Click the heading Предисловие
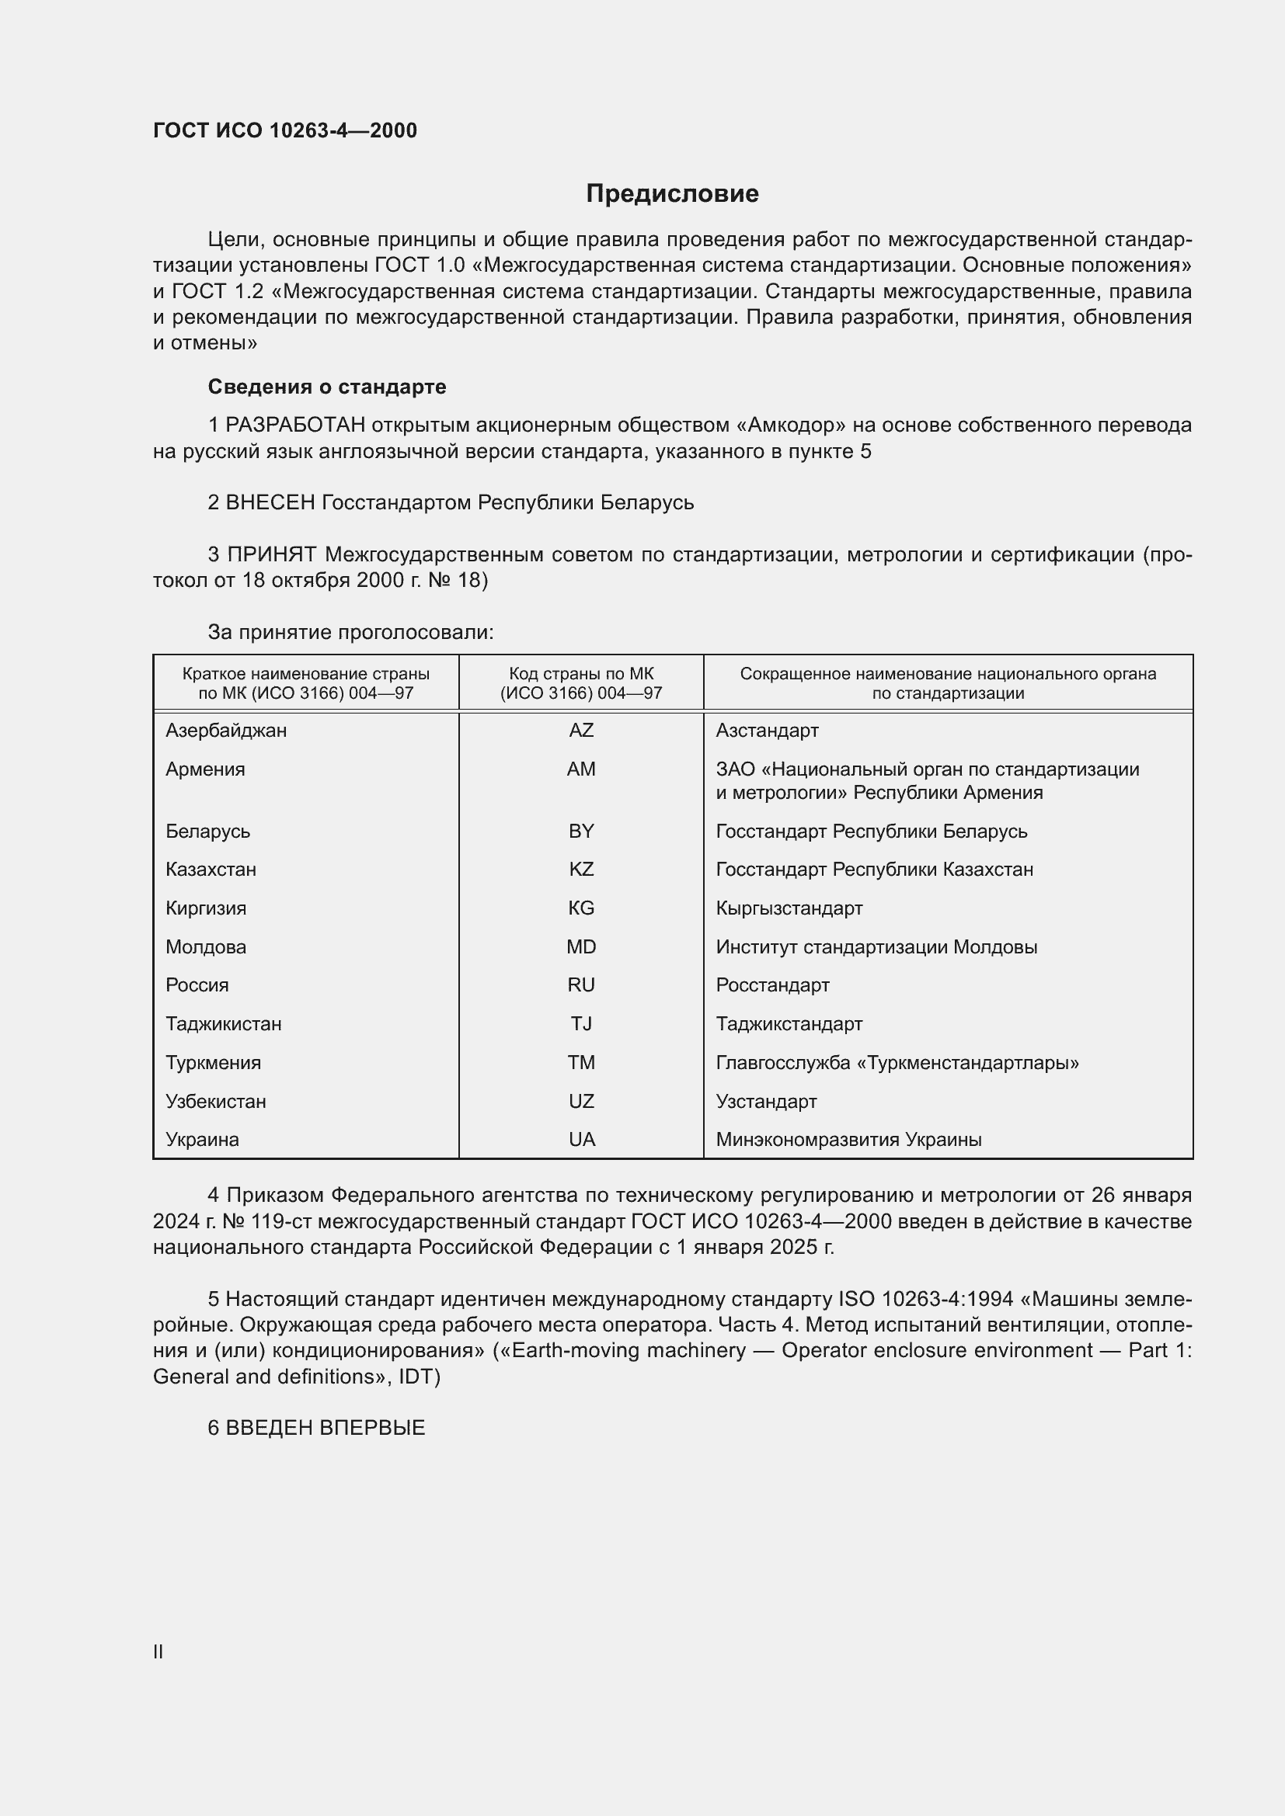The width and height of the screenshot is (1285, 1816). coord(672,194)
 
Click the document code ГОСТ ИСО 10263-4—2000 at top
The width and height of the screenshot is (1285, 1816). coord(285,130)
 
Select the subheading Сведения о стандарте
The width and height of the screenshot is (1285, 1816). coord(327,387)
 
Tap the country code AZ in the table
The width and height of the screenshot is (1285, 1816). coord(581,730)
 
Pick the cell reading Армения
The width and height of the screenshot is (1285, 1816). coord(205,769)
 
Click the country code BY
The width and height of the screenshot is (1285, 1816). coord(581,832)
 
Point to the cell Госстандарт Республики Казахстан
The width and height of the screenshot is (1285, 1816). coord(873,870)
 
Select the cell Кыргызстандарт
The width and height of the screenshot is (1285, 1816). coord(789,908)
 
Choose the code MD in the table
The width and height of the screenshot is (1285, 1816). coord(581,946)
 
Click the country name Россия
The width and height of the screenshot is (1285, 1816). coord(197,984)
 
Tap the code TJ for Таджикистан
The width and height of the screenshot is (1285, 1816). coord(581,1023)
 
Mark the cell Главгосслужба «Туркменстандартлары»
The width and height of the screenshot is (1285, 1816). coord(897,1062)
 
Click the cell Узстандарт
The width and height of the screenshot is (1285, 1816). coord(766,1101)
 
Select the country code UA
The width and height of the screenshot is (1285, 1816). coord(581,1139)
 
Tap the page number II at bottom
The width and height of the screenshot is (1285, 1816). coord(158,1651)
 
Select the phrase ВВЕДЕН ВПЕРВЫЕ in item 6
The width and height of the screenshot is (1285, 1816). coord(326,1428)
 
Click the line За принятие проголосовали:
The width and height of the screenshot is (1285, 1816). coord(350,632)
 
